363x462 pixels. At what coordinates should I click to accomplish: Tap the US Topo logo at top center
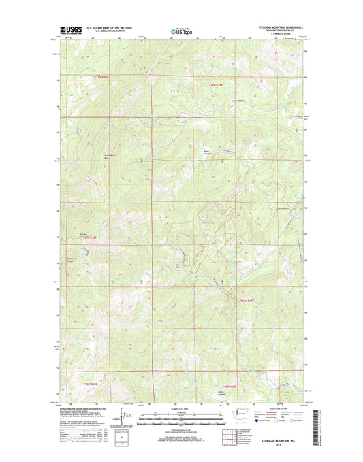[180, 31]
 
